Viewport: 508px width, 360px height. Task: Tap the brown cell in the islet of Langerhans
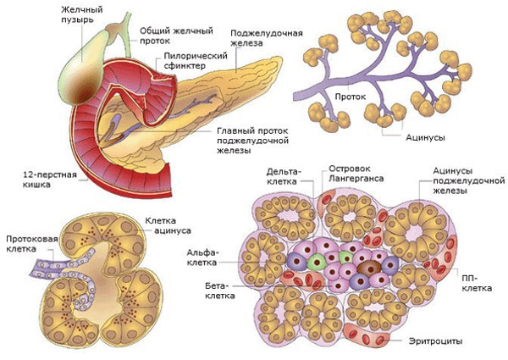[x=370, y=270]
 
